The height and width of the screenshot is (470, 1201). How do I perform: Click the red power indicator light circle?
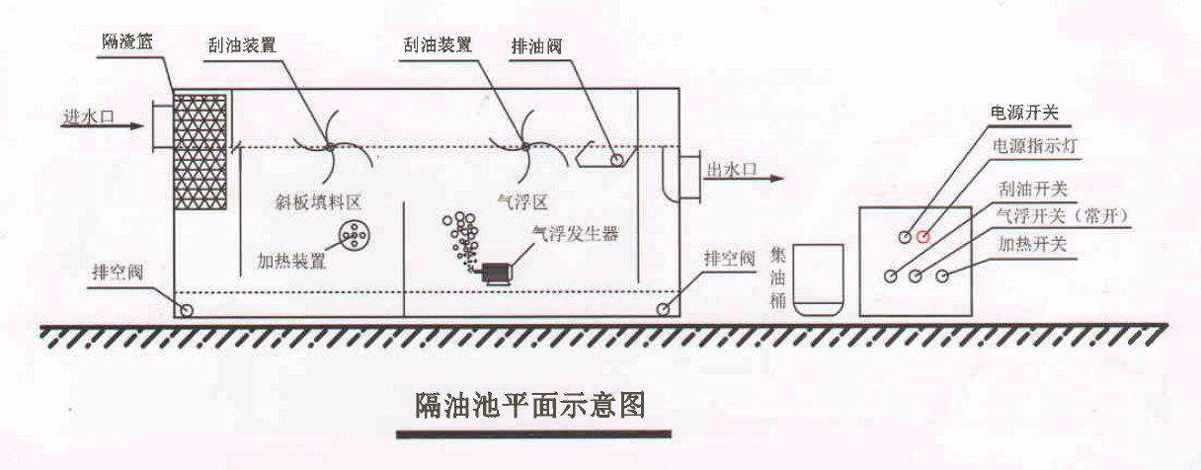[923, 236]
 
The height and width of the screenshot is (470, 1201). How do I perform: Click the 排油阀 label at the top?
[538, 46]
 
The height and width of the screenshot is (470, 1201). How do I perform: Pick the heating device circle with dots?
[352, 233]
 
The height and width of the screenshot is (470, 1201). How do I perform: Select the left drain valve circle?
[185, 310]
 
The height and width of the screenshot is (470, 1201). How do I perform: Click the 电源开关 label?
[1024, 112]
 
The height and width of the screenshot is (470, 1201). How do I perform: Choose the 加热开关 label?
[1032, 242]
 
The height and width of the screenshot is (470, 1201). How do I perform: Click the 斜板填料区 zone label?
[318, 200]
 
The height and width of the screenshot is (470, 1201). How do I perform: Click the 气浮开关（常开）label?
[1061, 214]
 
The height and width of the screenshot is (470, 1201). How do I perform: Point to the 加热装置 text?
[290, 262]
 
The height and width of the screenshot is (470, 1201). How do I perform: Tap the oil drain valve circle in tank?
[616, 159]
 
